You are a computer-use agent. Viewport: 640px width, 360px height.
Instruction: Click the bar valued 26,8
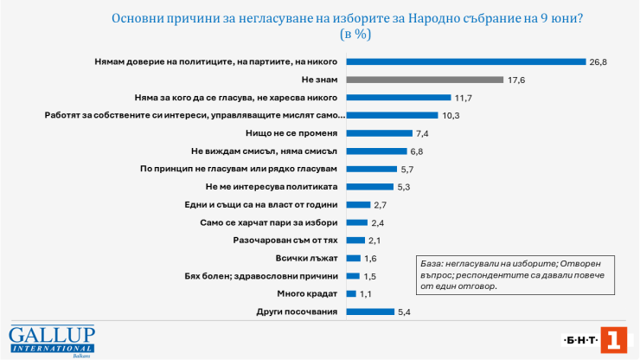tap(466, 61)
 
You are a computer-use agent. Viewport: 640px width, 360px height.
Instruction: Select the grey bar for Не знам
tap(425, 80)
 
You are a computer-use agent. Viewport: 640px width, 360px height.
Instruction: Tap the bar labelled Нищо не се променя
tap(379, 133)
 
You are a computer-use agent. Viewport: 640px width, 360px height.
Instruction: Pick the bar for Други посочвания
tap(370, 312)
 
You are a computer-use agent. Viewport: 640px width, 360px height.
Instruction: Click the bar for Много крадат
tap(350, 293)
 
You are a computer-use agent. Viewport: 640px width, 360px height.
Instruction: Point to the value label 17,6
tap(517, 80)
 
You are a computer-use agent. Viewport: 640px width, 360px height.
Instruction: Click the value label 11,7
tap(464, 98)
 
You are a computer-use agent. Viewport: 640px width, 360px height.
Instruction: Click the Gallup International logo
tap(52, 340)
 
